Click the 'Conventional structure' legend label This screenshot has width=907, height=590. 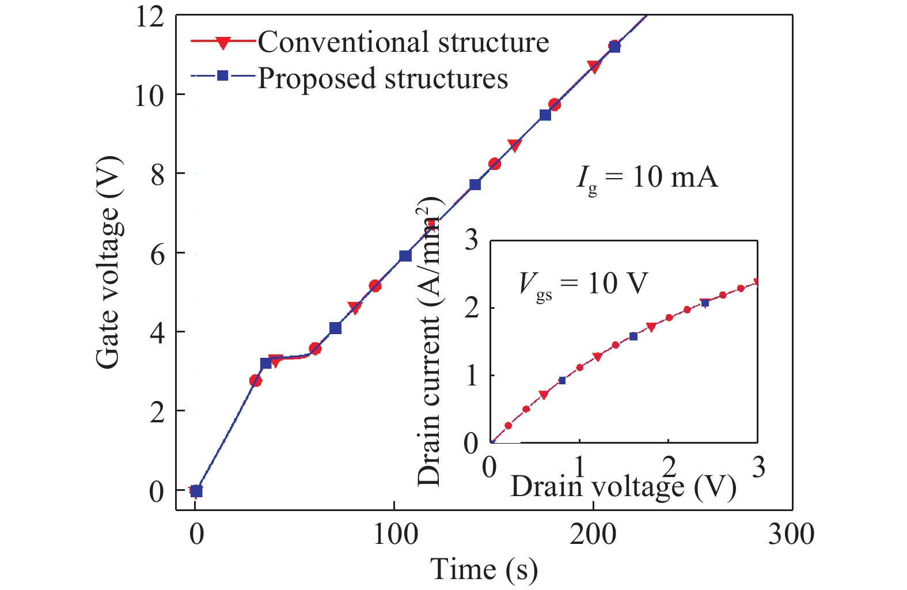click(403, 41)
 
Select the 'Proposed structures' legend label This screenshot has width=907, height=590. click(382, 78)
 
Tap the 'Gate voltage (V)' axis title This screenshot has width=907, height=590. click(108, 262)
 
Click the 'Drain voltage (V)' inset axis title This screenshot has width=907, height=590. click(624, 486)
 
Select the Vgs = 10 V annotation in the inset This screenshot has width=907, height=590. click(583, 285)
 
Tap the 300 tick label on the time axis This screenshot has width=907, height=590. click(791, 535)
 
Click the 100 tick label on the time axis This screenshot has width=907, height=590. click(394, 535)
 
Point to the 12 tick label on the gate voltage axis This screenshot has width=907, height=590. click(149, 18)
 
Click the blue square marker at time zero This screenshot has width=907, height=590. click(196, 491)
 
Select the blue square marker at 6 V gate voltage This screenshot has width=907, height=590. click(405, 256)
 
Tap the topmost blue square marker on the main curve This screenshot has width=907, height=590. click(614, 47)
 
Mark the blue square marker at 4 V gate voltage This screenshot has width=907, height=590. click(335, 328)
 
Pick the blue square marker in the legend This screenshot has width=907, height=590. click(222, 76)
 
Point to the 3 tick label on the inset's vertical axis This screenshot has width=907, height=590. click(471, 241)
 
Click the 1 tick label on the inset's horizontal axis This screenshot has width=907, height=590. click(580, 467)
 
